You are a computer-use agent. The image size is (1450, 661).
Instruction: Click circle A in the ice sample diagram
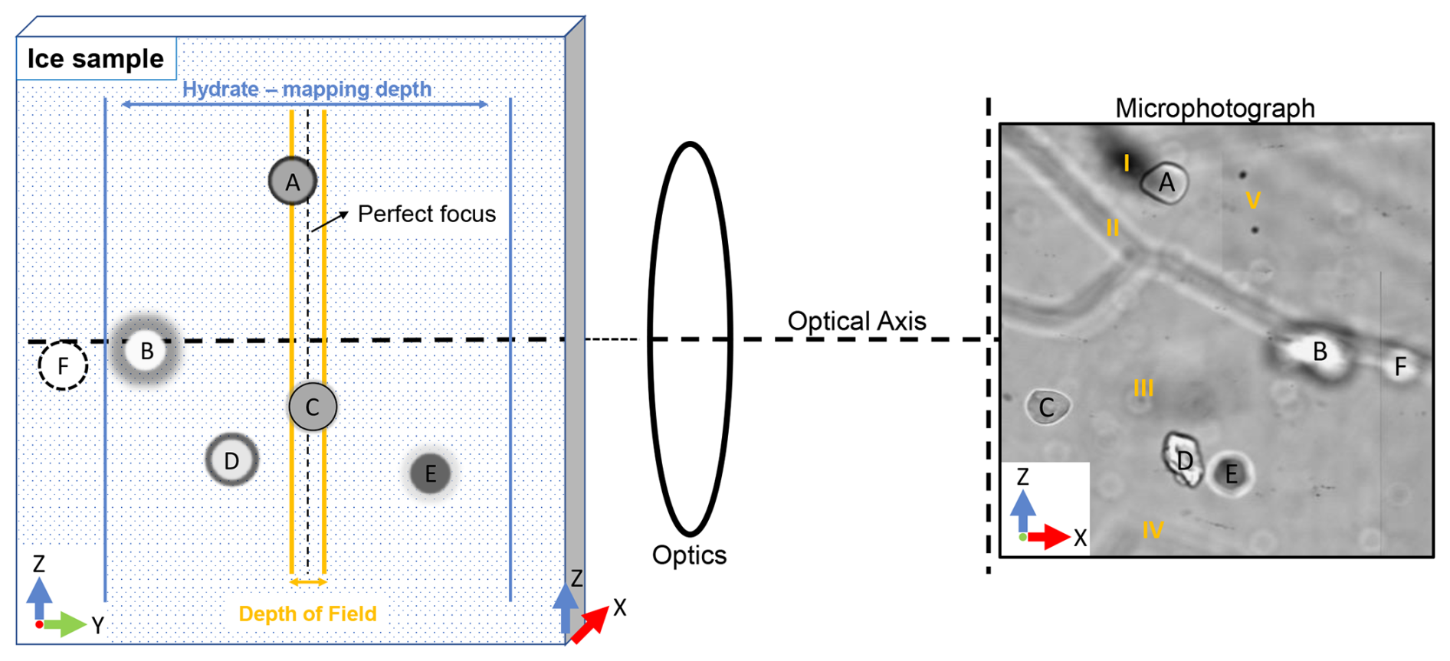(x=293, y=182)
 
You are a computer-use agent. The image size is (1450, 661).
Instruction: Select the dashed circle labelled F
(x=63, y=365)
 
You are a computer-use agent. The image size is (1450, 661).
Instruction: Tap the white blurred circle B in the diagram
(x=146, y=351)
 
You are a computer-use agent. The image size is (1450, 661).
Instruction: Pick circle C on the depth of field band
(x=313, y=407)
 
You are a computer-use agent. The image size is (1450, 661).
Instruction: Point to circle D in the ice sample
(x=231, y=460)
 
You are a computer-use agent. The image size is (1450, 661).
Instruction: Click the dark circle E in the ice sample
(x=430, y=473)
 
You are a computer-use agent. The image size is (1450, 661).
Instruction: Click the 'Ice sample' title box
(x=96, y=58)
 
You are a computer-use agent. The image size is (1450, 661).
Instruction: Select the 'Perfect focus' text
(x=426, y=214)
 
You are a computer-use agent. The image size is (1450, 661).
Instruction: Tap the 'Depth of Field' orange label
(x=307, y=614)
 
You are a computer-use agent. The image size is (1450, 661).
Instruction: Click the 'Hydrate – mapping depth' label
(x=307, y=89)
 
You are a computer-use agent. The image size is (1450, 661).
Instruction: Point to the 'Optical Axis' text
(x=856, y=321)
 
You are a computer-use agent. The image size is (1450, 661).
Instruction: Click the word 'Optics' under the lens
(x=689, y=555)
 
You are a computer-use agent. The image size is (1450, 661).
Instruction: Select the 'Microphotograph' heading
(x=1215, y=108)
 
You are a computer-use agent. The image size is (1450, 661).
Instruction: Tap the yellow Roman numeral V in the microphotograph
(x=1253, y=201)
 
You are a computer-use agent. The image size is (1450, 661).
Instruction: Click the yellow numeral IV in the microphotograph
(x=1153, y=529)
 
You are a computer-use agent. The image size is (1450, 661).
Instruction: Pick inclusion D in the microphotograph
(x=1183, y=460)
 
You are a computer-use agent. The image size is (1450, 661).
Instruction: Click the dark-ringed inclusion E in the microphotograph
(x=1232, y=474)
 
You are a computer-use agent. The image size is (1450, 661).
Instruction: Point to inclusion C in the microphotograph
(x=1047, y=407)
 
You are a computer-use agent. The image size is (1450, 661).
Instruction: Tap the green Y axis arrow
(x=67, y=624)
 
